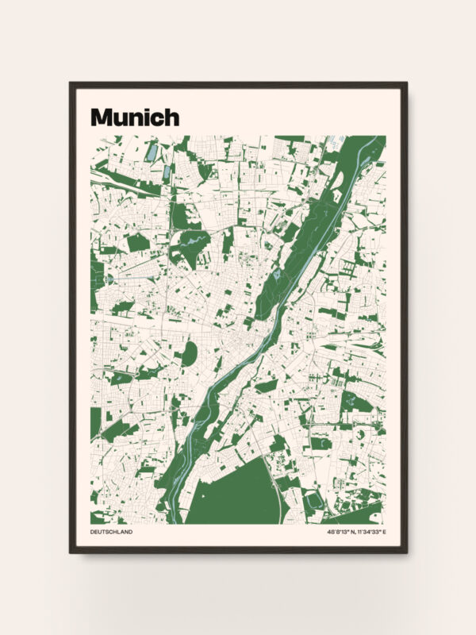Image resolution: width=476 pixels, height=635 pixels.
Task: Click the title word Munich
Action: pos(135,117)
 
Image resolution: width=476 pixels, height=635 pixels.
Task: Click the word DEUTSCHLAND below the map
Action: pos(111,532)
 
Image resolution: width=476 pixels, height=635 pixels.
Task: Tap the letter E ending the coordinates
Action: pos(384,532)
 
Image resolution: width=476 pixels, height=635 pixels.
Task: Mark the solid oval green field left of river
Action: pos(189,354)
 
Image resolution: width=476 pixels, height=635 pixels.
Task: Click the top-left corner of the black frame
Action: pos(71,83)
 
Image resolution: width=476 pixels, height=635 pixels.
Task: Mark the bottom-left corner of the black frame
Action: pos(71,552)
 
